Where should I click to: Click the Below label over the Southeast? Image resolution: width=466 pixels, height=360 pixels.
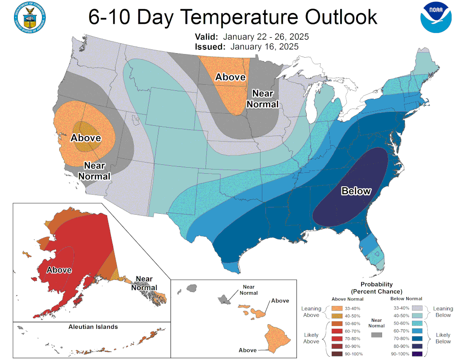pos(356,191)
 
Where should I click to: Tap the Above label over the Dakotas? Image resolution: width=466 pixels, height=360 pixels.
pos(230,77)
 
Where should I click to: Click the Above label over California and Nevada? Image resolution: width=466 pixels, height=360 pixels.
pos(86,138)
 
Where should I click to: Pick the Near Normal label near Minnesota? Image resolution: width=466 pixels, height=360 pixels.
pos(262,99)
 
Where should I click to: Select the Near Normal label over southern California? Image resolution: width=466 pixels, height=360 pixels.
pos(94,170)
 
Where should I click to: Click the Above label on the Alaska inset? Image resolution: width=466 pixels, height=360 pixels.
pos(59,270)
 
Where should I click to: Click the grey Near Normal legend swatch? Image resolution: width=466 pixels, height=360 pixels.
pos(376,334)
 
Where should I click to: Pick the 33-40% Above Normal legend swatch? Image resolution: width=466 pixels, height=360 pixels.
pos(339,308)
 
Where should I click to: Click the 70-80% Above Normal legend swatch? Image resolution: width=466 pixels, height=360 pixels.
pos(339,339)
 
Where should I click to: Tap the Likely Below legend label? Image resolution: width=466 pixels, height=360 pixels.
pos(443,338)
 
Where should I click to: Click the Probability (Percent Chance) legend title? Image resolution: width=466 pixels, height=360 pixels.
pos(377,287)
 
